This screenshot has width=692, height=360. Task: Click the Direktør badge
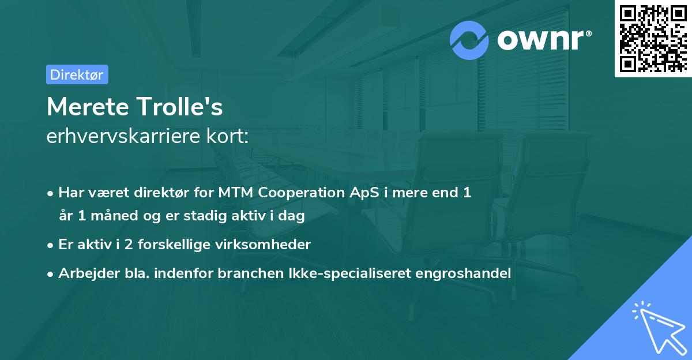pos(77,74)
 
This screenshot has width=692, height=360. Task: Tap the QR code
pos(652,38)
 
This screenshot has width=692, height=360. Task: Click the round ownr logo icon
pos(469,40)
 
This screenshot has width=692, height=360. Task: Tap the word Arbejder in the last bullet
pos(84,273)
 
